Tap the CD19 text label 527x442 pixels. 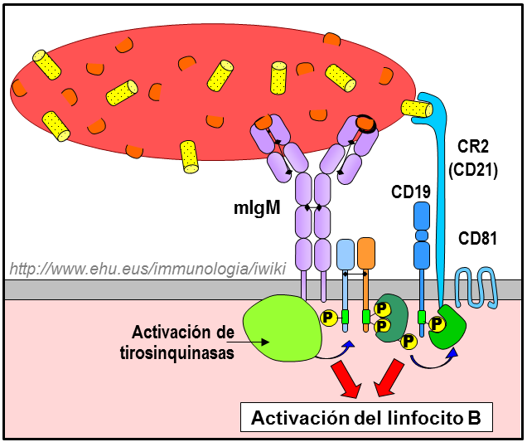(x=411, y=192)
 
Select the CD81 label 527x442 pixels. (x=477, y=240)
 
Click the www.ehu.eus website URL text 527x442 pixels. (x=141, y=269)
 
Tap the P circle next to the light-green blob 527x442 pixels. (x=327, y=317)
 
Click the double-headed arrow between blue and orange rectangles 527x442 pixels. (x=356, y=272)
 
